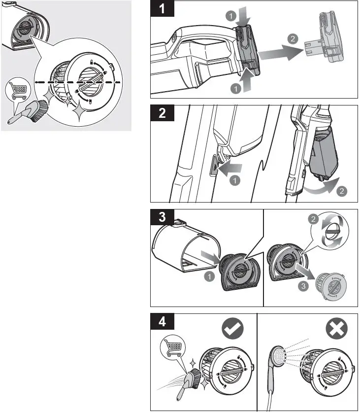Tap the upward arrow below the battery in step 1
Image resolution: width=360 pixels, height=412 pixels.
246,78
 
